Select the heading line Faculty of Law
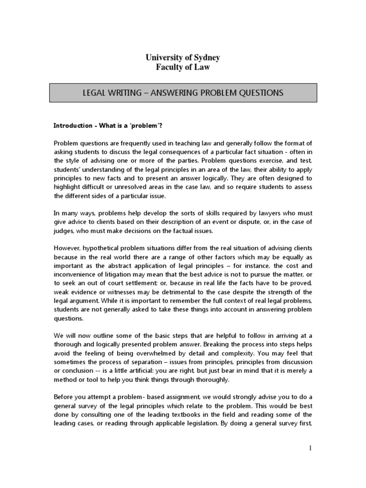pyautogui.click(x=183, y=67)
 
